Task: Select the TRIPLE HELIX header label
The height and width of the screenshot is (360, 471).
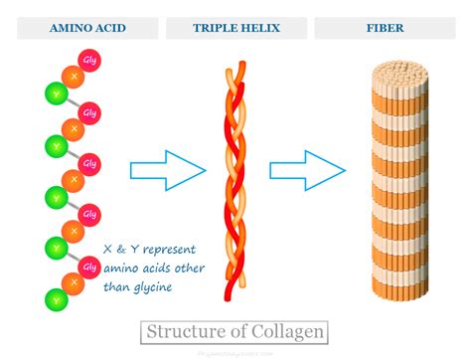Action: (x=235, y=28)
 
